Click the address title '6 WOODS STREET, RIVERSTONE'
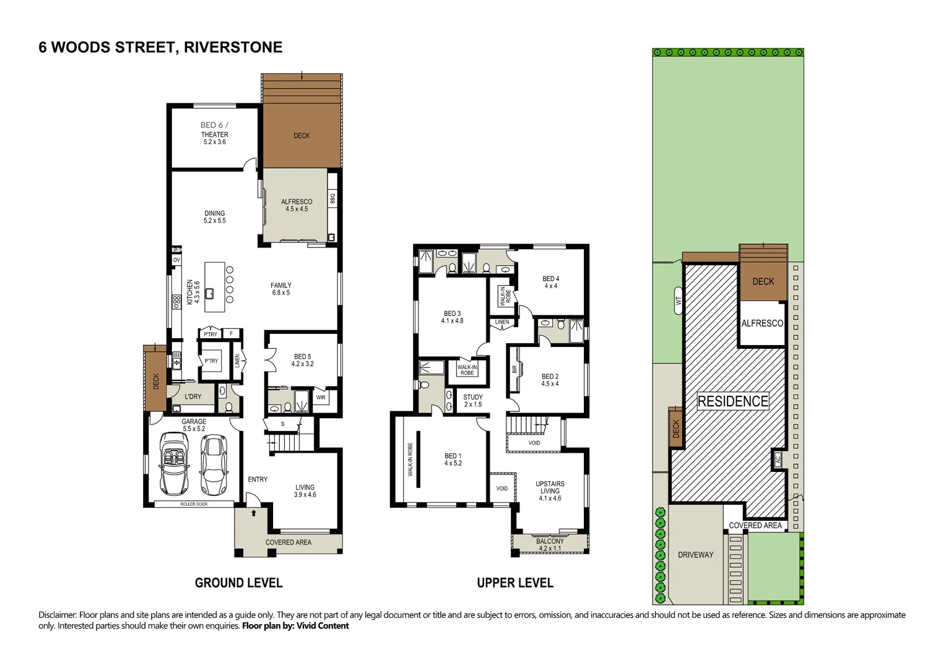[160, 48]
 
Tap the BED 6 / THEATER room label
[214, 133]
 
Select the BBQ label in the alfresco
[332, 199]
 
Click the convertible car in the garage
[174, 463]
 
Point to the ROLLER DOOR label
[194, 504]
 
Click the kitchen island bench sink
[210, 293]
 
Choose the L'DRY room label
[193, 396]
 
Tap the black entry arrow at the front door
[253, 513]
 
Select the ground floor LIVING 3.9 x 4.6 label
[305, 491]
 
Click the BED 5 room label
[302, 360]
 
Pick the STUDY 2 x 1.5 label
[473, 401]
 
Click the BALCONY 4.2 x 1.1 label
[550, 544]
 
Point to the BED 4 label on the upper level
[550, 282]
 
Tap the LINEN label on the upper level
[502, 322]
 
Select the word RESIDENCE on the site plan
[733, 401]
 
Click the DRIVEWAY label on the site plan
[695, 555]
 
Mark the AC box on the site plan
[778, 460]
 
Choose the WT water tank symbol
[678, 301]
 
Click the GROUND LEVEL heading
[238, 583]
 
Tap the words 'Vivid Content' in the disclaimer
[323, 626]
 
